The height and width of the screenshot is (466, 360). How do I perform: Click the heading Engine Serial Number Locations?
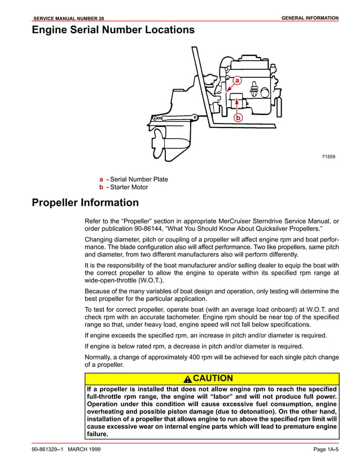[x=113, y=30]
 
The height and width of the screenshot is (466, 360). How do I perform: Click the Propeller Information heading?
[x=85, y=203]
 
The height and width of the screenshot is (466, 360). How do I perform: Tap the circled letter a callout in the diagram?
[x=238, y=81]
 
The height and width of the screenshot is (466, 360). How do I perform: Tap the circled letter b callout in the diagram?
[x=238, y=118]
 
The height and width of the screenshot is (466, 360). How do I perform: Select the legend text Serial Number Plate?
[x=139, y=179]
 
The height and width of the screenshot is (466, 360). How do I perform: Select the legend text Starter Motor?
[x=129, y=187]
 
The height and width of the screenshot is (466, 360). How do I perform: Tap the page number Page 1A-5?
[x=326, y=449]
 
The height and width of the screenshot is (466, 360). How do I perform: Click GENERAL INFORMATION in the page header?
[x=310, y=18]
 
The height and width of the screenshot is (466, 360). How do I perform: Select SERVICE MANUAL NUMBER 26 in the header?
[x=69, y=19]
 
